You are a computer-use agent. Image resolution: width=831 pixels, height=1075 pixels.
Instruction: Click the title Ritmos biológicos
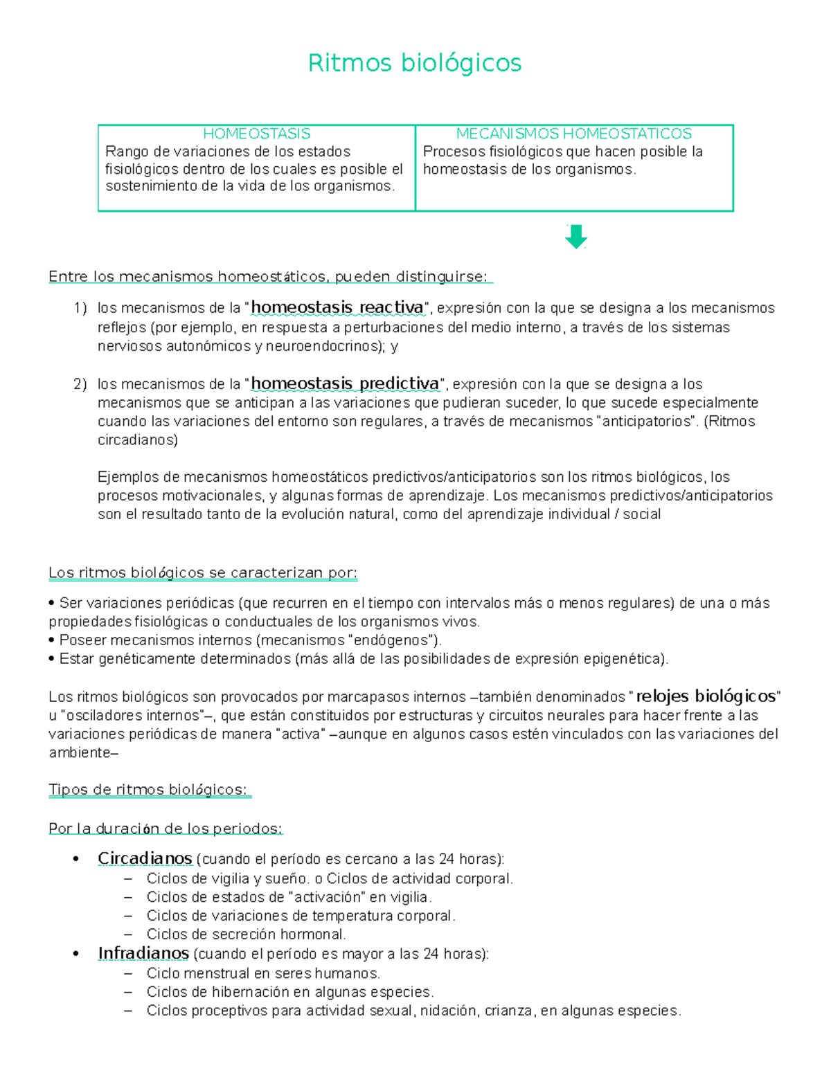pos(414,63)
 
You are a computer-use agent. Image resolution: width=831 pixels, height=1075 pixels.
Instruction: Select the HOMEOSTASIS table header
pos(256,134)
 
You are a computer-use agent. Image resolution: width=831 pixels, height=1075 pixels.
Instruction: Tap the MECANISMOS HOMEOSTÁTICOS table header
pos(573,134)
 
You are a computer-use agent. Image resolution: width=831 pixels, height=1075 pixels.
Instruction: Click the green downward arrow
pos(576,237)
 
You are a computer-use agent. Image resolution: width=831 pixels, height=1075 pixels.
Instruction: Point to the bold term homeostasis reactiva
pos(337,307)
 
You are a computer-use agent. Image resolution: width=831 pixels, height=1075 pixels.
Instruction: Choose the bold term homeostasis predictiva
pos(345,383)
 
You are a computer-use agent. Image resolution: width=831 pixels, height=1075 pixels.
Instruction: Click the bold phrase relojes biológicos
pos(706,696)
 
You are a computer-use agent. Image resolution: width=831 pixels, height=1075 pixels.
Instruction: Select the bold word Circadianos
pos(145,858)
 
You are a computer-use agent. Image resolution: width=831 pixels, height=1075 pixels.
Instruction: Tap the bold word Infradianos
pos(143,953)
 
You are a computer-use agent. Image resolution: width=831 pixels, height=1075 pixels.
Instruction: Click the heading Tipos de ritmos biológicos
pos(148,790)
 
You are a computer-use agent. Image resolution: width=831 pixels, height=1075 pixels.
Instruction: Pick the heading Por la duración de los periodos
pos(166,829)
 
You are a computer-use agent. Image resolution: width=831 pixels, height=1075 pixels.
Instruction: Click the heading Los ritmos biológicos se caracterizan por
pos(203,573)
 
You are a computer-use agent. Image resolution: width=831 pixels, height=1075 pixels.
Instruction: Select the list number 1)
pos(80,308)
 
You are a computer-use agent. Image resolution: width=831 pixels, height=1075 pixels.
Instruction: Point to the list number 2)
pos(80,384)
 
